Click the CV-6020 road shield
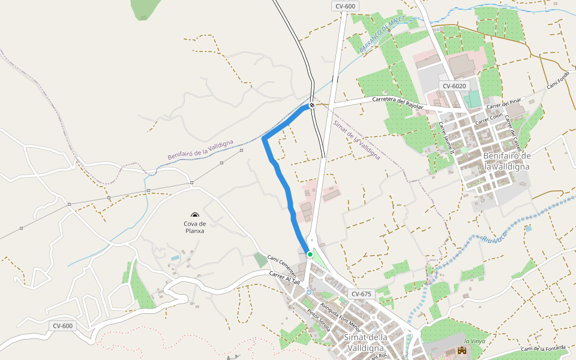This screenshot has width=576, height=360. coord(454,86)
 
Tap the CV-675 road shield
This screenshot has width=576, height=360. coord(361,294)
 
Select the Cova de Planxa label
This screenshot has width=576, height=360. coord(195,227)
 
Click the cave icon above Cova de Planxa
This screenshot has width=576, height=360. coord(194,215)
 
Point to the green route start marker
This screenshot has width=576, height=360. coord(310,254)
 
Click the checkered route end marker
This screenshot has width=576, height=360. coord(312,106)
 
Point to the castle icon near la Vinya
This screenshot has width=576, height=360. coord(462,350)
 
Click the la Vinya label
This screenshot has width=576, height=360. coord(475,341)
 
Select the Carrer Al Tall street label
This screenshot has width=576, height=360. coord(284,278)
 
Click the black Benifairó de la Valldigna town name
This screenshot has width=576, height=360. coord(506,161)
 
